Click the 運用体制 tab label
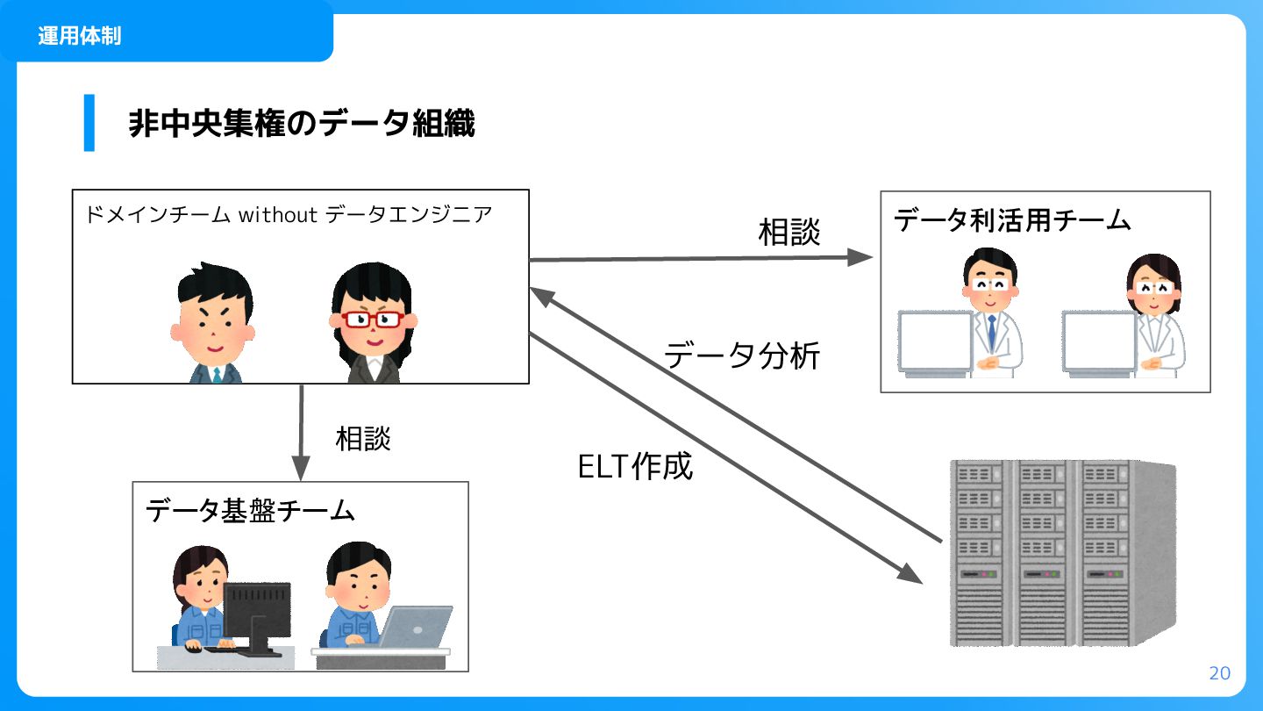(x=80, y=36)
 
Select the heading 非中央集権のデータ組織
(x=302, y=124)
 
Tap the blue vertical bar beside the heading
(x=89, y=123)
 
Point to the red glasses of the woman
(x=368, y=320)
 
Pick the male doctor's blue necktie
(x=991, y=331)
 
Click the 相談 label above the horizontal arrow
(x=789, y=233)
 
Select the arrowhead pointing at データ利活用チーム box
(x=862, y=256)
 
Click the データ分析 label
(x=742, y=355)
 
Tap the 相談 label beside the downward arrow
(x=363, y=439)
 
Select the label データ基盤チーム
(x=250, y=510)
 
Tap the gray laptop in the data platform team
(x=415, y=627)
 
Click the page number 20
(x=1219, y=673)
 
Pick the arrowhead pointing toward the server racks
(x=911, y=575)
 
